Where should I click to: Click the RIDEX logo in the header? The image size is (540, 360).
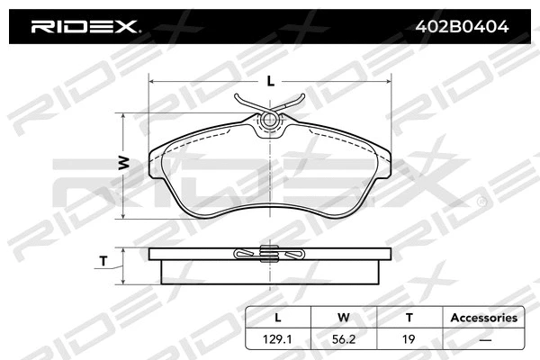point(85,26)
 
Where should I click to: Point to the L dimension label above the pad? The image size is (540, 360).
point(269,82)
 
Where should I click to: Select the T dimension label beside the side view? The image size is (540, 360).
point(103,262)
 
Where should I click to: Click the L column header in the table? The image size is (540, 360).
point(277,317)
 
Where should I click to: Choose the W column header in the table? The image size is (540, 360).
point(342,317)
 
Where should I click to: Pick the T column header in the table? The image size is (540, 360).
point(408,317)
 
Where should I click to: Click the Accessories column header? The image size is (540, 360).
point(483,317)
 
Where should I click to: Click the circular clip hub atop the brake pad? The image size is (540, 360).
point(267,120)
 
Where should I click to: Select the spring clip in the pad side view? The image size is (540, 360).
point(267,255)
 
